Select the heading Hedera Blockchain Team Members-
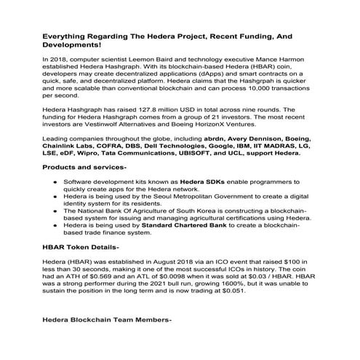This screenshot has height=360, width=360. click(x=107, y=320)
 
